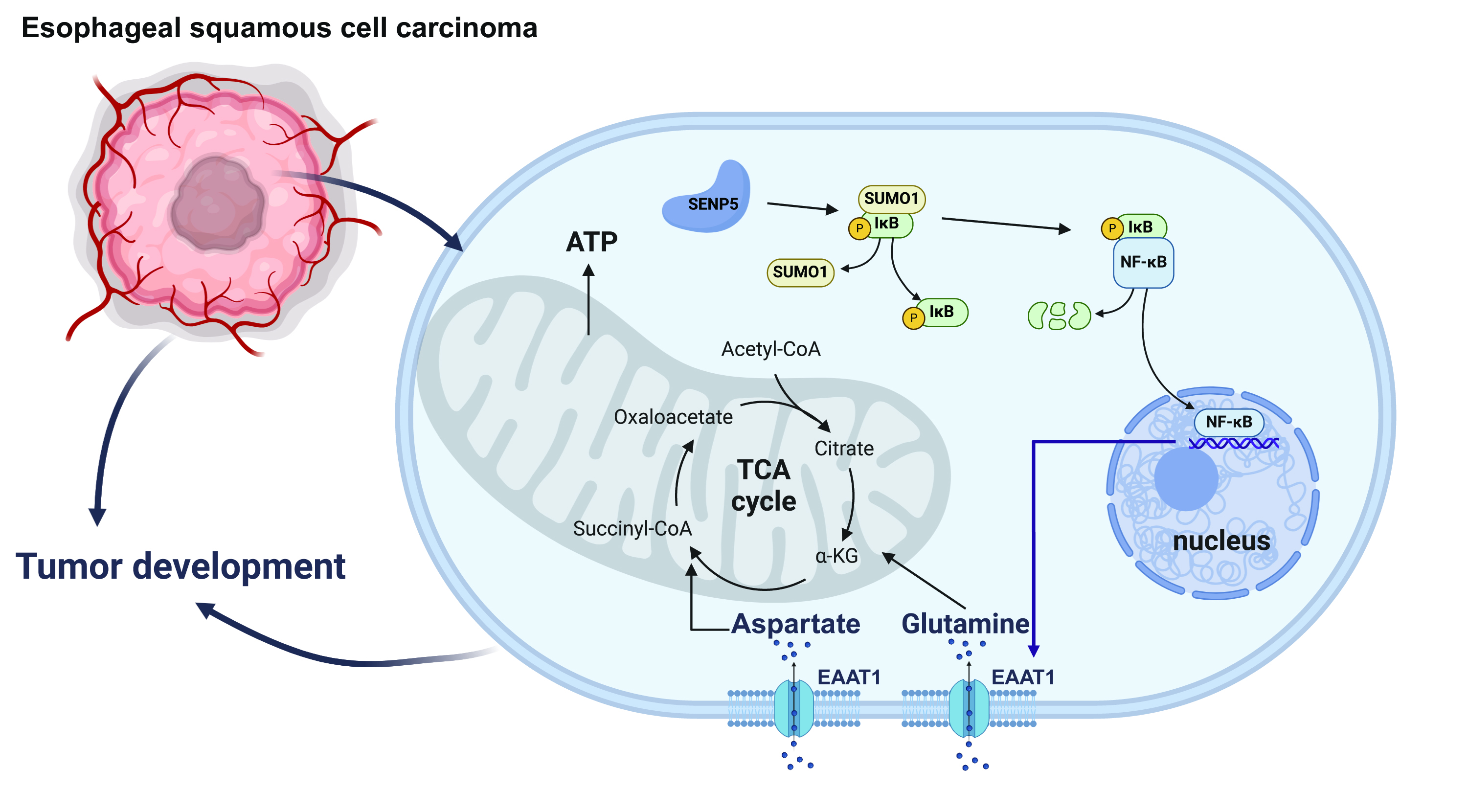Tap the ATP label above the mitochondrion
point(591,242)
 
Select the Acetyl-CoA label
point(770,349)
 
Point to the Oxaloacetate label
point(673,417)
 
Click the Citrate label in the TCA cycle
point(843,449)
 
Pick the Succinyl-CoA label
point(632,528)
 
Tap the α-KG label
point(836,555)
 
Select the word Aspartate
point(795,624)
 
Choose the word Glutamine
point(965,624)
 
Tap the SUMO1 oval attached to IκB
point(891,198)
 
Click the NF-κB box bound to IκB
point(1143,262)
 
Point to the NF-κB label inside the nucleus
point(1229,422)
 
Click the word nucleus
point(1221,541)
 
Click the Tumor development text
point(180,566)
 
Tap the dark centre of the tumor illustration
point(218,204)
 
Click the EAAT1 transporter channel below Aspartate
point(794,708)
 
